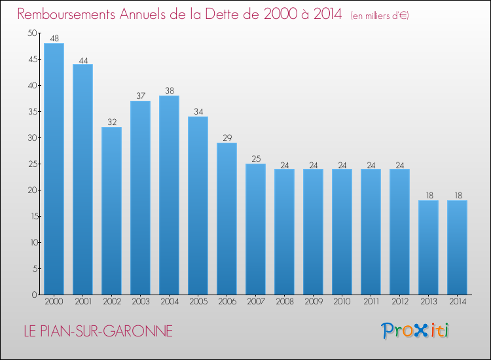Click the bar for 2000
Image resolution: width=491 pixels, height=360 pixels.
[54, 169]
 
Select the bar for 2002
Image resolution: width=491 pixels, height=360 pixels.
[111, 211]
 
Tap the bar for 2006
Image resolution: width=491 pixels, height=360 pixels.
[227, 219]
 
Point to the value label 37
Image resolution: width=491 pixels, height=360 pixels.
[140, 96]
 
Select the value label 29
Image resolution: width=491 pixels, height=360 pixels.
[227, 138]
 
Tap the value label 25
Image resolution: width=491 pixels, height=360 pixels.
[255, 159]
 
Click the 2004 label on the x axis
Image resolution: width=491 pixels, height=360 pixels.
[169, 302]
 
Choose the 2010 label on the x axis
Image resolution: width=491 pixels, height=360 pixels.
[342, 302]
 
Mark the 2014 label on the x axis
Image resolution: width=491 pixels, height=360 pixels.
[457, 302]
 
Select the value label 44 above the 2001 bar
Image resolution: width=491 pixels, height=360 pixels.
[82, 60]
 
